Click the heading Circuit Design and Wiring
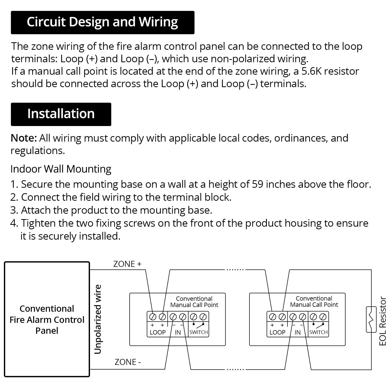click(102, 22)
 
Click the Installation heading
click(61, 114)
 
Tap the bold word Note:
click(24, 138)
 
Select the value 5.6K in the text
click(311, 71)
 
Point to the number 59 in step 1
click(258, 184)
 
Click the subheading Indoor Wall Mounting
click(61, 169)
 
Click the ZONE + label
click(127, 264)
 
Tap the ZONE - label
click(128, 362)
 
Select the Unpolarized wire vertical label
click(98, 319)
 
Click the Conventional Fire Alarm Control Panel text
click(47, 319)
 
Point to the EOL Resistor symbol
click(371, 319)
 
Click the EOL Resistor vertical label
click(383, 321)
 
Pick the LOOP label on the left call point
click(158, 332)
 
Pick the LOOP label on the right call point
click(277, 332)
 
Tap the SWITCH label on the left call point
click(199, 332)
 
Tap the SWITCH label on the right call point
click(318, 332)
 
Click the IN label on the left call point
click(178, 332)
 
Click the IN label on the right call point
click(297, 332)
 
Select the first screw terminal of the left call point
click(152, 317)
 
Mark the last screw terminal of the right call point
click(323, 317)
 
